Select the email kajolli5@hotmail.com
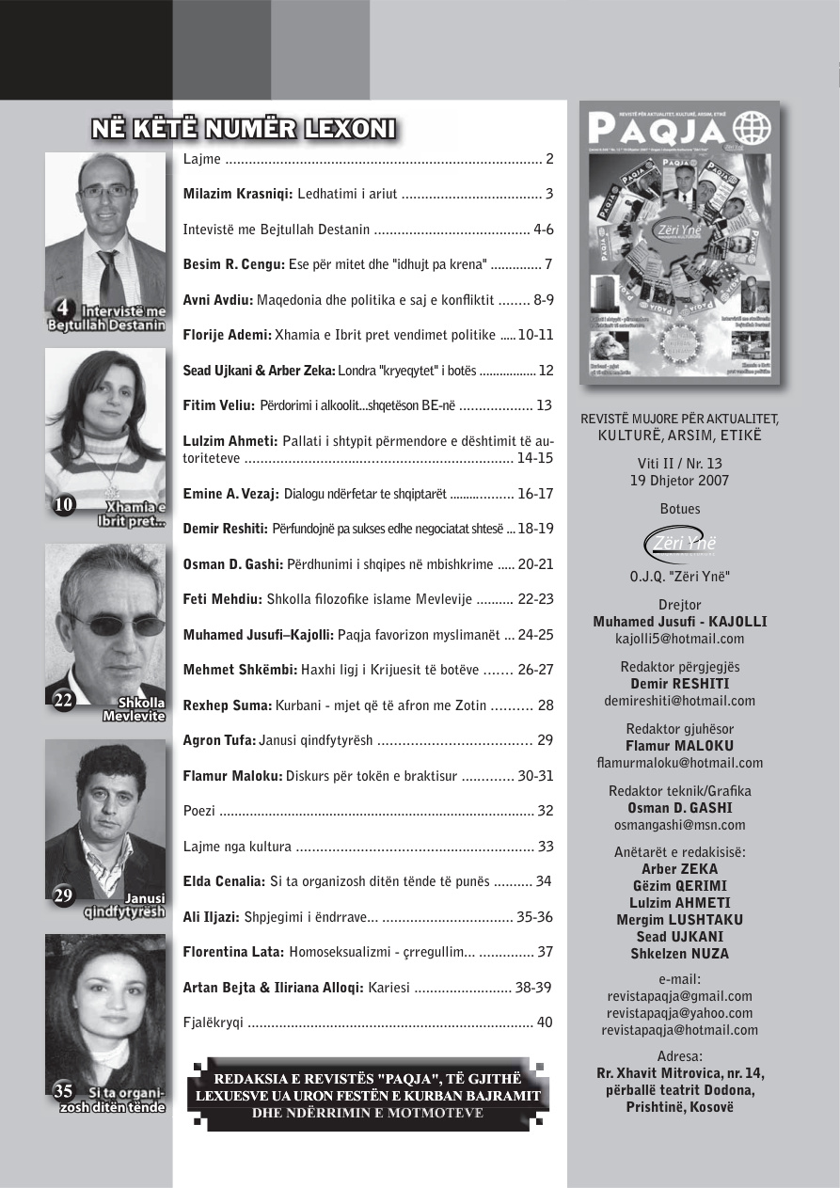coord(679,639)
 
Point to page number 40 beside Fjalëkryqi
coord(545,1022)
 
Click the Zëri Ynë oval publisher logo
coord(679,546)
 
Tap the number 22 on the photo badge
coord(63,701)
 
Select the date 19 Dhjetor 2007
coord(679,481)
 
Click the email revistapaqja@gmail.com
coord(679,996)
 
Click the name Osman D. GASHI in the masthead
coord(679,808)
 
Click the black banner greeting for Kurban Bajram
coord(368,1095)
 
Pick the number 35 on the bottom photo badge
coord(63,1091)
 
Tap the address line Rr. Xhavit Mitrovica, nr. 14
coord(680,1073)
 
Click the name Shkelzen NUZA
coord(679,954)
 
